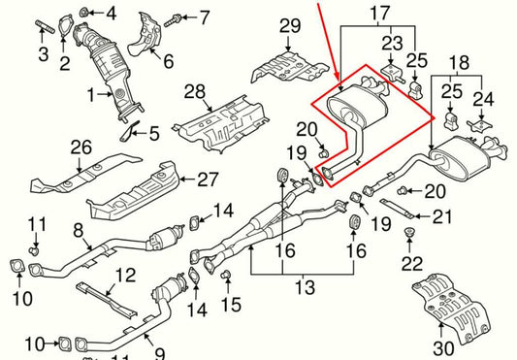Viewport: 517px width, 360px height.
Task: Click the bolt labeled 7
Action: click(x=172, y=16)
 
